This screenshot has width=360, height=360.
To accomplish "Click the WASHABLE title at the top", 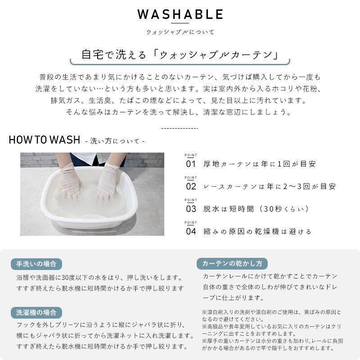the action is pos(180,14).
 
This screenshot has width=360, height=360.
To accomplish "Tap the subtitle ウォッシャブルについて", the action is pos(180,32).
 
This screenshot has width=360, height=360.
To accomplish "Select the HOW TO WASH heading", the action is pos(45,139).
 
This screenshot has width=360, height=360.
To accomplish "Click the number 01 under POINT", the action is pos(191,164).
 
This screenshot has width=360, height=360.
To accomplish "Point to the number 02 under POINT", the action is pos(191,186).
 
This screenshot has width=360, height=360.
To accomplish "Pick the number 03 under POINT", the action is pos(191,209).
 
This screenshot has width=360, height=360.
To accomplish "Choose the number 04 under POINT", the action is pos(191,231).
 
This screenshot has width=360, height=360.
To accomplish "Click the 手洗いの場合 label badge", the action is pos(36,264).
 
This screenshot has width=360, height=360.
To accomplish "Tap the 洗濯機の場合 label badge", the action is pos(36,312).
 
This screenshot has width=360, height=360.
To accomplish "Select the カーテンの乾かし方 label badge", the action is pos(232,264).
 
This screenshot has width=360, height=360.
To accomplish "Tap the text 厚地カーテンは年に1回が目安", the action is pos(260,164).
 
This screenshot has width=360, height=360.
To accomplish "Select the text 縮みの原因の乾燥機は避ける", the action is pos(257,231).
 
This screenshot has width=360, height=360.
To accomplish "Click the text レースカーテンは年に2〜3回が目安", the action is pos(270,186).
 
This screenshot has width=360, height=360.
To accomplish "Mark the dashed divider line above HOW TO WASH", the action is pos(180,128).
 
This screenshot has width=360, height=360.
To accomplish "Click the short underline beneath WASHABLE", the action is pos(180,23).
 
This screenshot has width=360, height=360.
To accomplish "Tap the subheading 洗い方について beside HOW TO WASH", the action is pos(115,141).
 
